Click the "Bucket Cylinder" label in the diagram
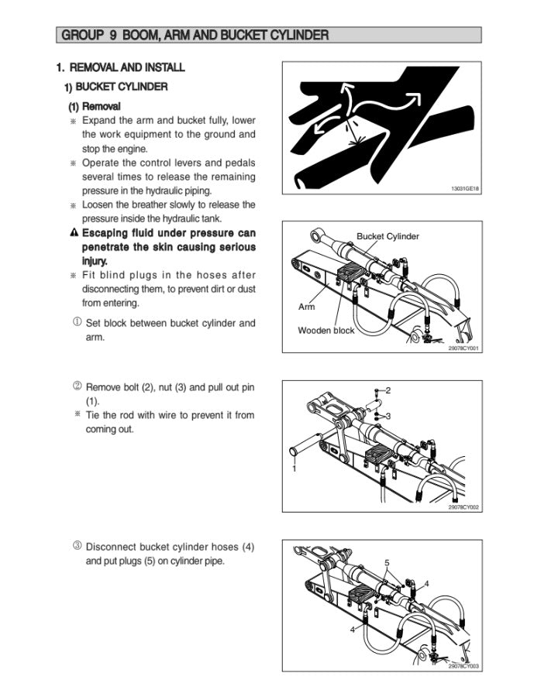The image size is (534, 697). (388, 236)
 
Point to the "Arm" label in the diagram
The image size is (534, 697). (306, 307)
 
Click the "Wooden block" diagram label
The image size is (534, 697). (326, 331)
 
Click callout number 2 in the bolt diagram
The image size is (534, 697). (388, 390)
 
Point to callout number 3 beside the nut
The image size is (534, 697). (388, 416)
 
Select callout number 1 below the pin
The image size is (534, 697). (294, 469)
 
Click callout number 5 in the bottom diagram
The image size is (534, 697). (387, 563)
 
